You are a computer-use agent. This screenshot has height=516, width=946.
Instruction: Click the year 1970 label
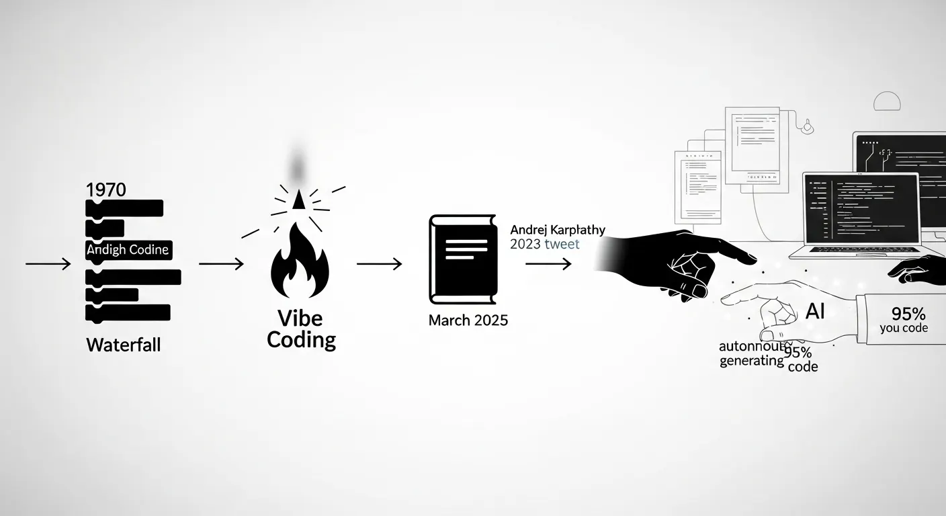click(x=106, y=189)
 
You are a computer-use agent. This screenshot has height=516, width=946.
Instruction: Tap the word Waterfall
click(x=124, y=345)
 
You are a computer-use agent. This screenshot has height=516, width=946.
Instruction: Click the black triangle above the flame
click(x=299, y=198)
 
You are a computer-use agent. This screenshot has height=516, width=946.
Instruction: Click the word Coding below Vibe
click(x=301, y=340)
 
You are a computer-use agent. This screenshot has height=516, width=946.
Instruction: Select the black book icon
click(x=462, y=259)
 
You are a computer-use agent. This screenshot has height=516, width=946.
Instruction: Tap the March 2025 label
click(x=468, y=320)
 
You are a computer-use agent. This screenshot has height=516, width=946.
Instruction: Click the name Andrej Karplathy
click(x=558, y=230)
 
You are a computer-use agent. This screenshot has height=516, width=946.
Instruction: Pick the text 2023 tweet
click(x=544, y=245)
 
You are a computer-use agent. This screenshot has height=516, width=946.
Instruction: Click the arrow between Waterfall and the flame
click(x=221, y=264)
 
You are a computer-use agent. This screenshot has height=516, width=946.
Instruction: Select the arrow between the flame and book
click(x=379, y=264)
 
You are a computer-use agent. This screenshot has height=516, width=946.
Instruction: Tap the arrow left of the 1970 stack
click(x=48, y=264)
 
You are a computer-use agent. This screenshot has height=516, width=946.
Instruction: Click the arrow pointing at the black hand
click(x=548, y=264)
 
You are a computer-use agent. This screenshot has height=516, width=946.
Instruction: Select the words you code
click(x=904, y=329)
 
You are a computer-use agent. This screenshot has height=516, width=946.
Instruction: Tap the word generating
click(x=752, y=361)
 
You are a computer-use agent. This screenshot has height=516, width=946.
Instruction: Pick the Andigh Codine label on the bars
click(x=128, y=250)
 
